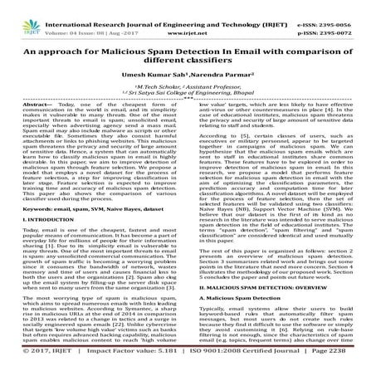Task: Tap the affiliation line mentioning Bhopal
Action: (x=188, y=92)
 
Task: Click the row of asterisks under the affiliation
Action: (x=188, y=100)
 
